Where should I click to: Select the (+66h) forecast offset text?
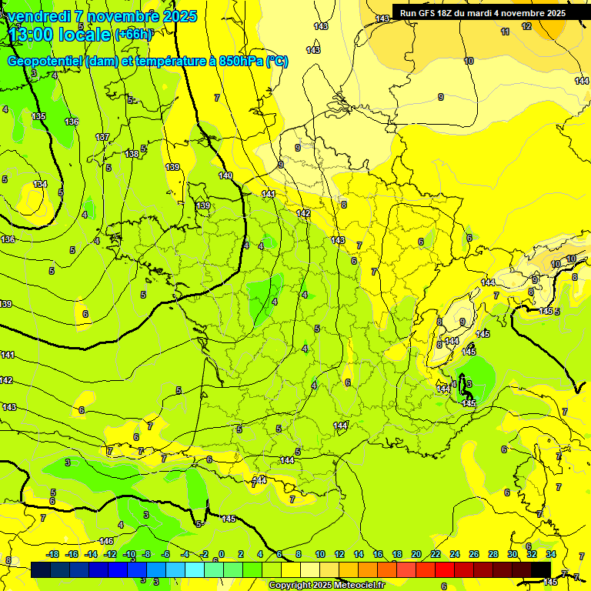(133, 34)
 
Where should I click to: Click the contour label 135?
(38, 116)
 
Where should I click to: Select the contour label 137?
(102, 137)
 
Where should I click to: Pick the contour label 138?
(132, 154)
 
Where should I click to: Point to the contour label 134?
(40, 185)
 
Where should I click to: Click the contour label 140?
(225, 176)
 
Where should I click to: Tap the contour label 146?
(106, 542)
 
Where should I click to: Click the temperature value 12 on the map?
(526, 26)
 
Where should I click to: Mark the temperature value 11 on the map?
(505, 32)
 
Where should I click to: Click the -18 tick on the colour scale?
(52, 554)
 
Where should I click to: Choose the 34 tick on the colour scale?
(551, 554)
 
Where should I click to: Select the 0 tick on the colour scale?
(221, 554)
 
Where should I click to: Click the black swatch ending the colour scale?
(541, 569)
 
